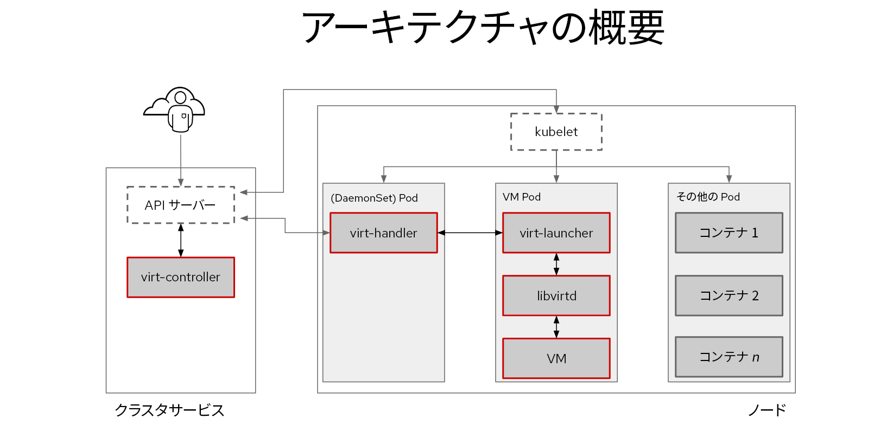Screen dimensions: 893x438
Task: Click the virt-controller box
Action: pos(181,277)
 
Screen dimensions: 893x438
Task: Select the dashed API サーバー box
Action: pos(181,205)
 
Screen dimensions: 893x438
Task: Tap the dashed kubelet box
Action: pos(556,132)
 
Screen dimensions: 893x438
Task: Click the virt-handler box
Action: pos(383,233)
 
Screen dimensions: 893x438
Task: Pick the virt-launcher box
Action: pos(556,233)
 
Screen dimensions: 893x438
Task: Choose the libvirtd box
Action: pos(556,295)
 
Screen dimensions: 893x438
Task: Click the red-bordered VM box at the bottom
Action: pos(556,358)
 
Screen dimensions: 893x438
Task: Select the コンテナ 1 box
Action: pos(729,233)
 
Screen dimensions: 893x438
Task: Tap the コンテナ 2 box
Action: pos(729,295)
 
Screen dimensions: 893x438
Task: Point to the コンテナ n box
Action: pos(729,357)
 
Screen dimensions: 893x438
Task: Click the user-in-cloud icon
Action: pos(174,110)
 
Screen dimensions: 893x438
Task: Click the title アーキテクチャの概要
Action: pos(483,27)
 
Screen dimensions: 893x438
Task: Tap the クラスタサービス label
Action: pos(169,410)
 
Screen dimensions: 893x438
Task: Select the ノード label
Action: pos(767,410)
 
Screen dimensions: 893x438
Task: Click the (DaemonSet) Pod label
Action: pos(374,198)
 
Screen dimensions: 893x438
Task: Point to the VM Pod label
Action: pos(522,197)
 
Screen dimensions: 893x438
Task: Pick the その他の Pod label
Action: pos(708,197)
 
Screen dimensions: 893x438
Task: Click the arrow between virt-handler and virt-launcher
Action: pos(470,233)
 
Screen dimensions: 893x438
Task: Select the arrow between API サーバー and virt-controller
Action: pos(181,240)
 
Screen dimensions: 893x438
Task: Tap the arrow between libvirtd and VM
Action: pos(556,327)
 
